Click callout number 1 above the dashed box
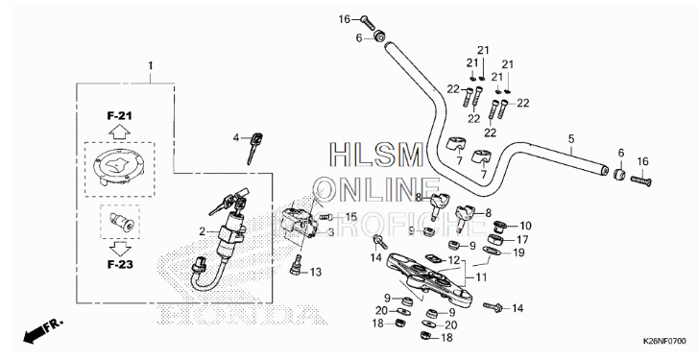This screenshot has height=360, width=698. [x=150, y=65]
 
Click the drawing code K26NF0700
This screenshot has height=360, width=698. [x=662, y=341]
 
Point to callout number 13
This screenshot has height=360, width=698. [x=316, y=272]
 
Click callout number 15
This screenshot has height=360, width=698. [x=350, y=216]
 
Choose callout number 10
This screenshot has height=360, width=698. [x=524, y=226]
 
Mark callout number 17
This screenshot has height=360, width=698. [x=523, y=239]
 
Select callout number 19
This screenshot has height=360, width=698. [x=518, y=252]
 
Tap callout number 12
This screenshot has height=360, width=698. [x=454, y=261]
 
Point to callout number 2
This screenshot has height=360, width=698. [x=202, y=231]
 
